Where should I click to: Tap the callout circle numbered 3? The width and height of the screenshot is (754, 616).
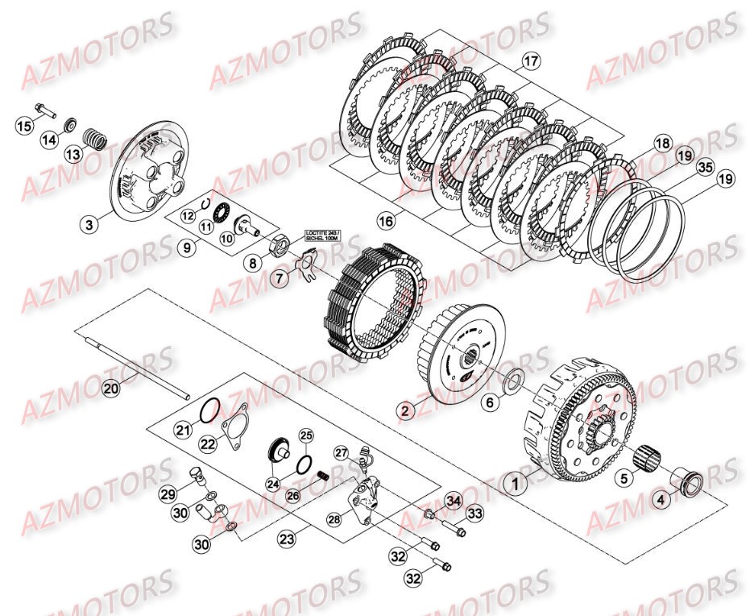[x=89, y=223]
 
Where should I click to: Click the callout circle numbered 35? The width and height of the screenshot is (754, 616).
[x=705, y=169]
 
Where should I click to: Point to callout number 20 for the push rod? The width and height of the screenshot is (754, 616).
[x=110, y=388]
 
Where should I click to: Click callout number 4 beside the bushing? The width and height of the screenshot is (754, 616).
[x=662, y=500]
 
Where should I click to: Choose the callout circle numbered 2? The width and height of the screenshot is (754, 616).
[x=407, y=410]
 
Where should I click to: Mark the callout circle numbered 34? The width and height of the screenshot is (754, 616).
[x=452, y=502]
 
